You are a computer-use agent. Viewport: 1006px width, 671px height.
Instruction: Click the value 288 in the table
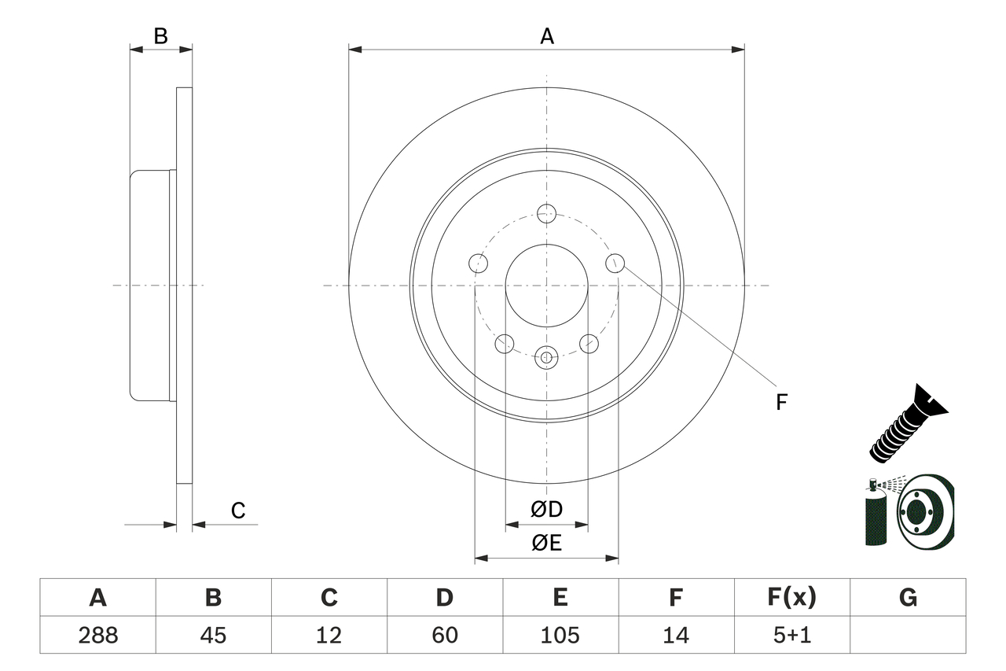(x=97, y=635)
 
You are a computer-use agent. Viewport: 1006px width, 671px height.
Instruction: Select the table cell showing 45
(x=213, y=635)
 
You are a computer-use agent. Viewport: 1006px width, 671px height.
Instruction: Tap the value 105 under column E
(x=560, y=635)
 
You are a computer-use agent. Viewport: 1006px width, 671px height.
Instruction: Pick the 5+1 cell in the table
(x=791, y=635)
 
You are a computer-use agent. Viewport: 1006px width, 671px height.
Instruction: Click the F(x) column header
(x=791, y=598)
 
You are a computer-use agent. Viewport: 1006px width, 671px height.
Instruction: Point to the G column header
(x=908, y=598)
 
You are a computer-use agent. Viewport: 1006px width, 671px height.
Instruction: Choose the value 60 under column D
(x=444, y=635)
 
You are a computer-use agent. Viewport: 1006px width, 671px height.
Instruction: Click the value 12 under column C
(x=329, y=635)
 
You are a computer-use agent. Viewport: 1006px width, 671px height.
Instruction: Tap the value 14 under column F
(x=676, y=635)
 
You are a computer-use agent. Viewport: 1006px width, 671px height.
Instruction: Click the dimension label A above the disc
(x=547, y=36)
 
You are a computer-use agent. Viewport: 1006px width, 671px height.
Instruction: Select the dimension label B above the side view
(x=160, y=36)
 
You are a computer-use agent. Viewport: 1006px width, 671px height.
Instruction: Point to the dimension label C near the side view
(x=238, y=511)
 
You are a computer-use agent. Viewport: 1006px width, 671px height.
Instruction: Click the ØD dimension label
(x=547, y=510)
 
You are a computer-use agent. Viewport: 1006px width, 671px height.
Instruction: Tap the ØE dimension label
(x=547, y=544)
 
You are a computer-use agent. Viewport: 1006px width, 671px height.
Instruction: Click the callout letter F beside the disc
(x=781, y=402)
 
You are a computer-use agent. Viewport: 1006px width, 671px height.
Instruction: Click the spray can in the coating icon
(x=874, y=514)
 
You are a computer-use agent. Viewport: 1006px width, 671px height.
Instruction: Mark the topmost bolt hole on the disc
(x=546, y=212)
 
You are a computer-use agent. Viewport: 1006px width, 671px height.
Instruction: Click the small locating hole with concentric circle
(x=546, y=357)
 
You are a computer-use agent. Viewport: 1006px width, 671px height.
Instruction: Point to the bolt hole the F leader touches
(x=615, y=263)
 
